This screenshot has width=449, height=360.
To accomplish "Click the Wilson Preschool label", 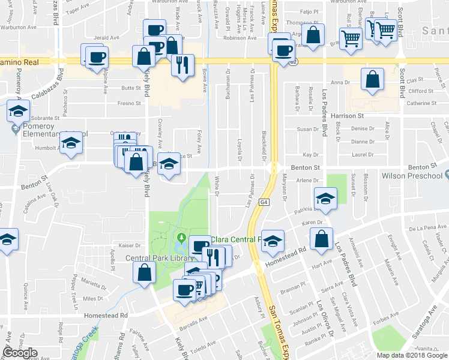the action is coord(417,176).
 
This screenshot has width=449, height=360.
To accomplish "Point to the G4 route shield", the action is coord(264,202).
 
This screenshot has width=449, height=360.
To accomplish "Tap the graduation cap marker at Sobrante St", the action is coord(18,112).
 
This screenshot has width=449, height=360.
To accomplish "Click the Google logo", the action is coord(20,353).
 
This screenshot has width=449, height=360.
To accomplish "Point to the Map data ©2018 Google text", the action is coord(411,355).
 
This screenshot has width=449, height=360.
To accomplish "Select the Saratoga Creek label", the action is coord(84,342).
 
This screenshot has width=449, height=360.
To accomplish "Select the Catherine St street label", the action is coord(419,103).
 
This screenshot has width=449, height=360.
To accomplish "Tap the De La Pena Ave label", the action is coord(426,229).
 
